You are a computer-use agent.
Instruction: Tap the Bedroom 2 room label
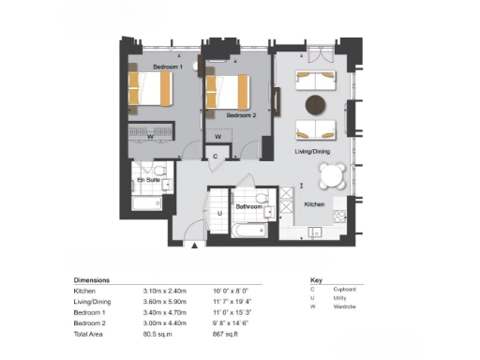click(x=241, y=115)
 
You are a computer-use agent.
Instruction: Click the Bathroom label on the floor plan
click(x=247, y=205)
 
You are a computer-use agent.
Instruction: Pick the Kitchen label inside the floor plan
click(x=314, y=203)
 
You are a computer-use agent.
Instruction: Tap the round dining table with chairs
click(x=333, y=174)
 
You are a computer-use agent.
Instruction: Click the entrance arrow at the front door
click(x=195, y=246)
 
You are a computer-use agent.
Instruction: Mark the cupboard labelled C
click(x=216, y=156)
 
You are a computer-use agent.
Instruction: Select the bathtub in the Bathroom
click(x=250, y=230)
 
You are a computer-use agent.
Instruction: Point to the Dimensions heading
click(x=91, y=280)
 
